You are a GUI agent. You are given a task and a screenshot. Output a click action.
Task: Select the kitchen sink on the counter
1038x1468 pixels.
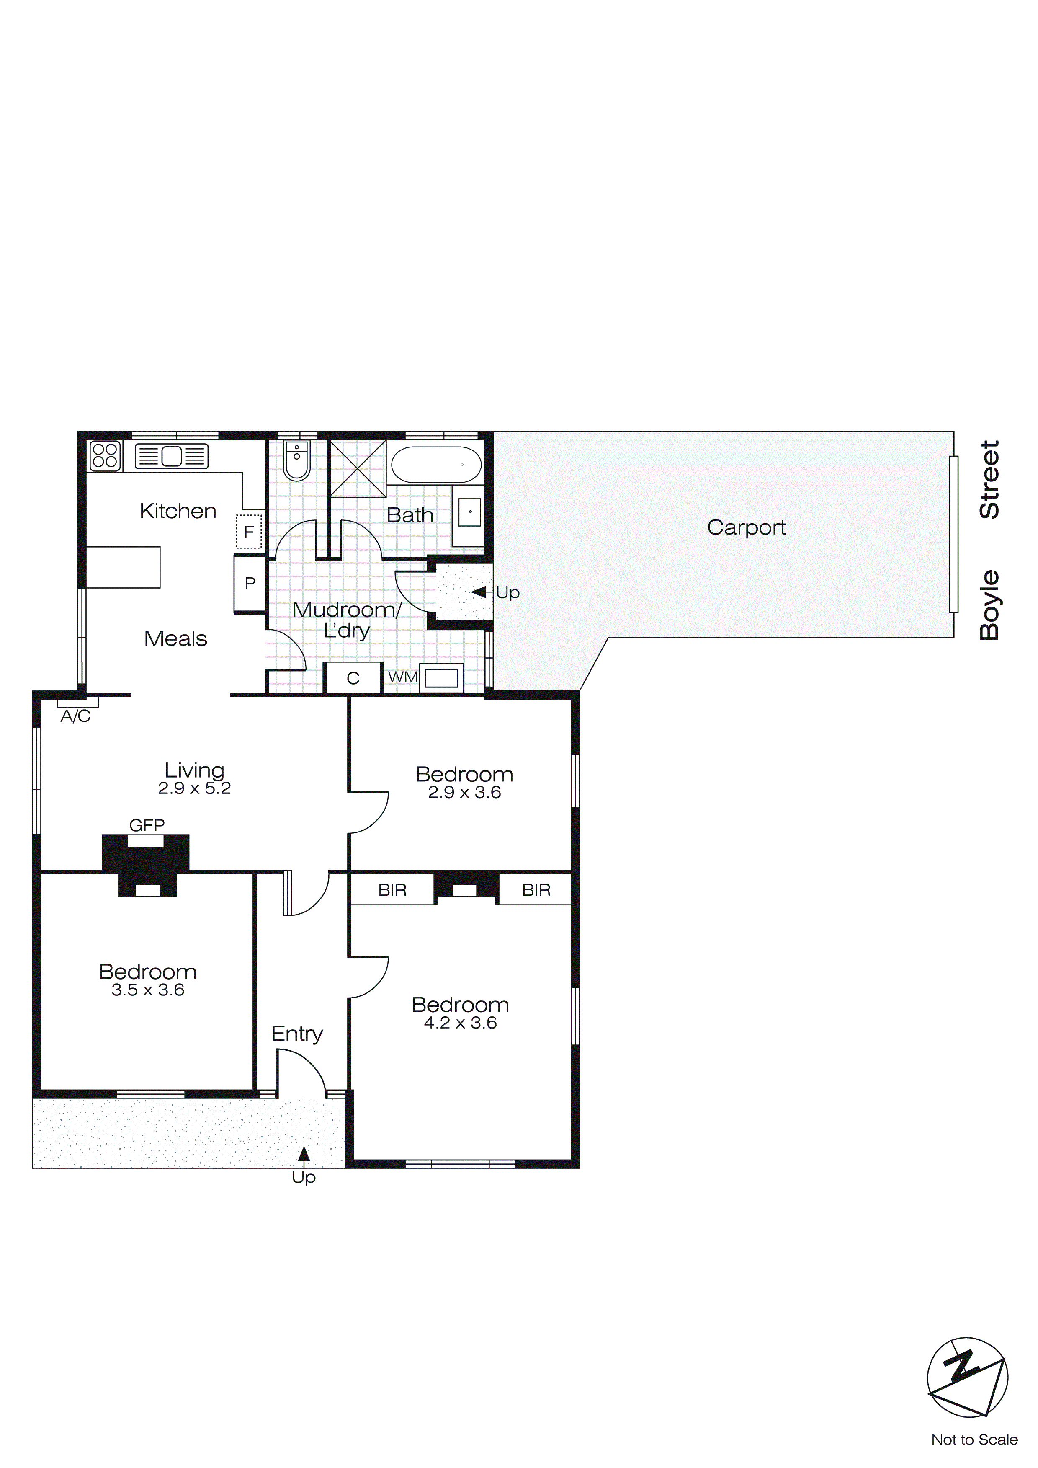171,456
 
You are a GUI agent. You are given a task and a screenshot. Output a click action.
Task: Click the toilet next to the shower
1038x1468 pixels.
296,460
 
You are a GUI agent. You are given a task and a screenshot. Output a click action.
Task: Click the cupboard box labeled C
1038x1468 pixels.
353,678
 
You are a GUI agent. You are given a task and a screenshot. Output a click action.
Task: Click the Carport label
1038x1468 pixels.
746,527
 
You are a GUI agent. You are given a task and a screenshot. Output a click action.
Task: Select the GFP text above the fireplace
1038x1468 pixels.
147,825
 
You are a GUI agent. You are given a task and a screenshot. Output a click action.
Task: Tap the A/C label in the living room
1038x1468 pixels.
75,717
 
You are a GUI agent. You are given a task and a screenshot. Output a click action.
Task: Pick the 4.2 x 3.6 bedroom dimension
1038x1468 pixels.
460,1023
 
